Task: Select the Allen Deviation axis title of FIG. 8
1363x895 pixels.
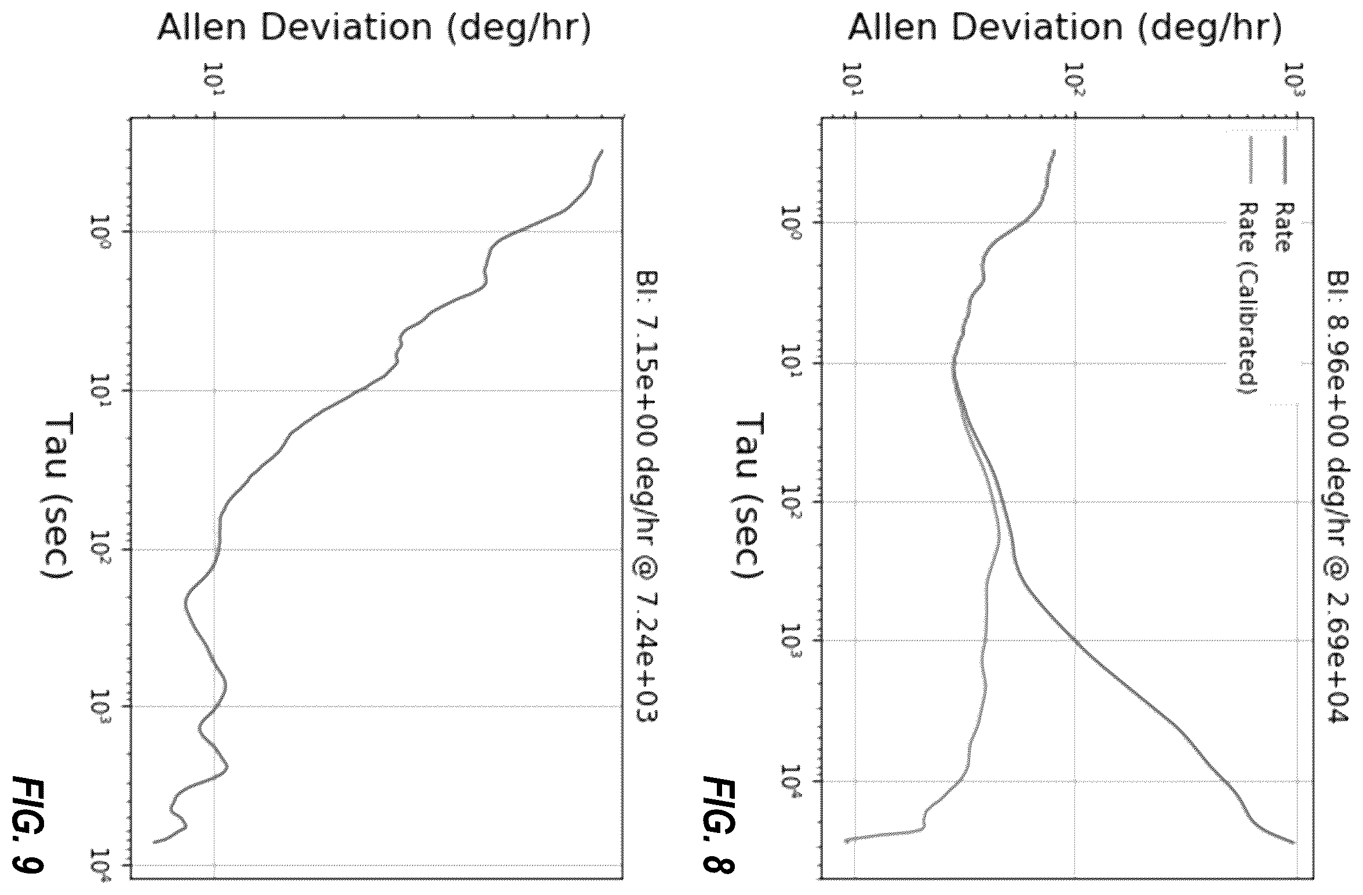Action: click(1065, 28)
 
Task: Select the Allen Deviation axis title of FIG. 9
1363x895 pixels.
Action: click(374, 28)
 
